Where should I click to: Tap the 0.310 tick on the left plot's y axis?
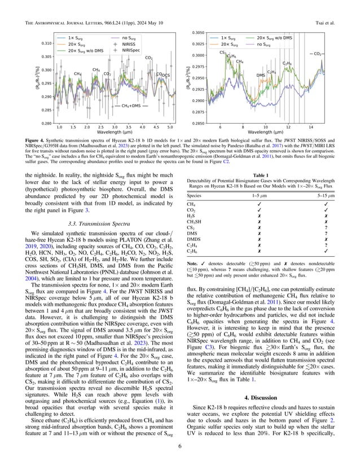click(x=47, y=43)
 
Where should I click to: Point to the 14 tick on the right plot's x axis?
click(x=311, y=128)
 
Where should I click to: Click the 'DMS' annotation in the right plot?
click(x=261, y=75)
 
